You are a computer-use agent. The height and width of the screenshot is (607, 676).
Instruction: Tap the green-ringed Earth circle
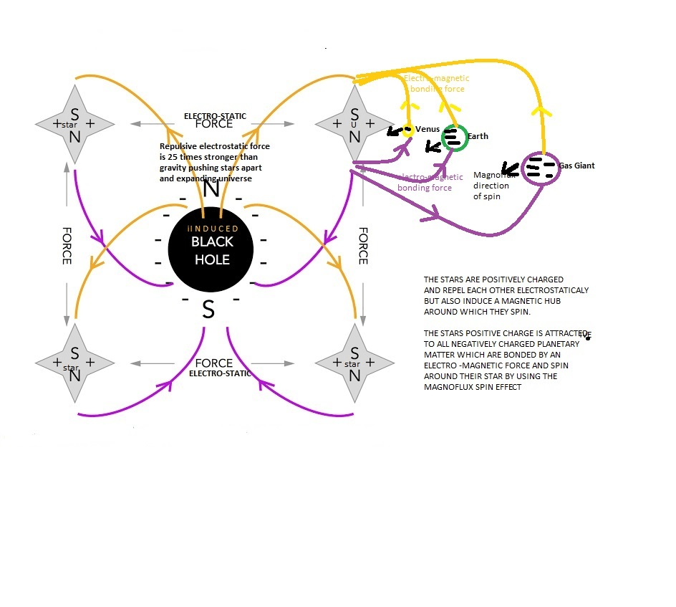(453, 138)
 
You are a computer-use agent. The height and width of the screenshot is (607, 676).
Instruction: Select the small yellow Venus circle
(407, 131)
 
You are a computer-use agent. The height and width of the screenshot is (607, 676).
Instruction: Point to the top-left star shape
(74, 124)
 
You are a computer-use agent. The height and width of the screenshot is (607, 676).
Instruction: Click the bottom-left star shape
(74, 363)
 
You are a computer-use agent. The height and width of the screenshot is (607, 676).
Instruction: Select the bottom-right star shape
(354, 363)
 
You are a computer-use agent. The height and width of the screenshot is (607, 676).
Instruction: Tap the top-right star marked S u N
(354, 124)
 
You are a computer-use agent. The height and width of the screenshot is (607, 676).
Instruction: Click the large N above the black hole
(211, 189)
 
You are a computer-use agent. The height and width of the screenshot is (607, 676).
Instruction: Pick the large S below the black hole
(208, 310)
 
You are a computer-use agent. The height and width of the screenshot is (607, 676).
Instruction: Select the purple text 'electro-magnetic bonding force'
(425, 182)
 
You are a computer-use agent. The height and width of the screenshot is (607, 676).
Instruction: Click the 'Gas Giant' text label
(576, 166)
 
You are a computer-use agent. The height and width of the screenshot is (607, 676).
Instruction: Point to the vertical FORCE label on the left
(67, 247)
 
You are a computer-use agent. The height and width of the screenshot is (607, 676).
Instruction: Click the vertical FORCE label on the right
(363, 247)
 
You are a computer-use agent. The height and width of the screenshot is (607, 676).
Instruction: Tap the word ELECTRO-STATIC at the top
(213, 115)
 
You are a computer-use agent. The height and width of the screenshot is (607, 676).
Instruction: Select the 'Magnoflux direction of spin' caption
(493, 185)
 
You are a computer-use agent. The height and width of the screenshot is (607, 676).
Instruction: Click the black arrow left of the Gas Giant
(510, 169)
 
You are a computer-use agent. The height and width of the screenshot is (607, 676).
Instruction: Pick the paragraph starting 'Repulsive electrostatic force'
(215, 162)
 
